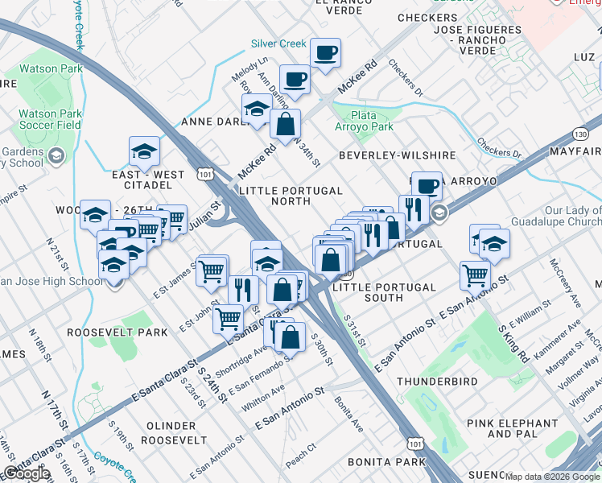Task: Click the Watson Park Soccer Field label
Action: coord(50,119)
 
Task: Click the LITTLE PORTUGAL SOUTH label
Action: coord(384,292)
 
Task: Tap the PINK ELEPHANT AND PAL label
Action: coord(500,428)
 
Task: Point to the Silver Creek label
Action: coord(279,43)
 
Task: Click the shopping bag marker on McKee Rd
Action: coord(285,126)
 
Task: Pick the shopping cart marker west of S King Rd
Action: coord(476,275)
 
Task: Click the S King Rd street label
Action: coord(514,341)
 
